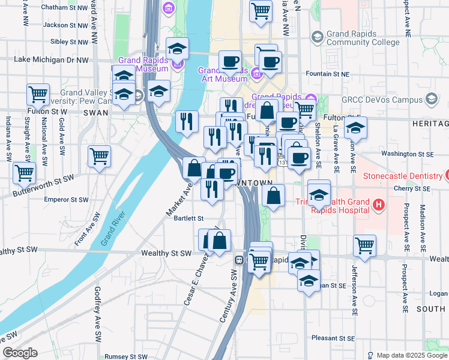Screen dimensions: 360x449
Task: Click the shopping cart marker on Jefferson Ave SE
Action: click(364, 245)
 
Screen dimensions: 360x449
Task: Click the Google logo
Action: click(20, 353)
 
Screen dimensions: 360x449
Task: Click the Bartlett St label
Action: click(189, 218)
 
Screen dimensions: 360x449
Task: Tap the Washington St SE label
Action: click(406, 154)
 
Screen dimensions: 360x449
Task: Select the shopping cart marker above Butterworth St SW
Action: click(99, 157)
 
